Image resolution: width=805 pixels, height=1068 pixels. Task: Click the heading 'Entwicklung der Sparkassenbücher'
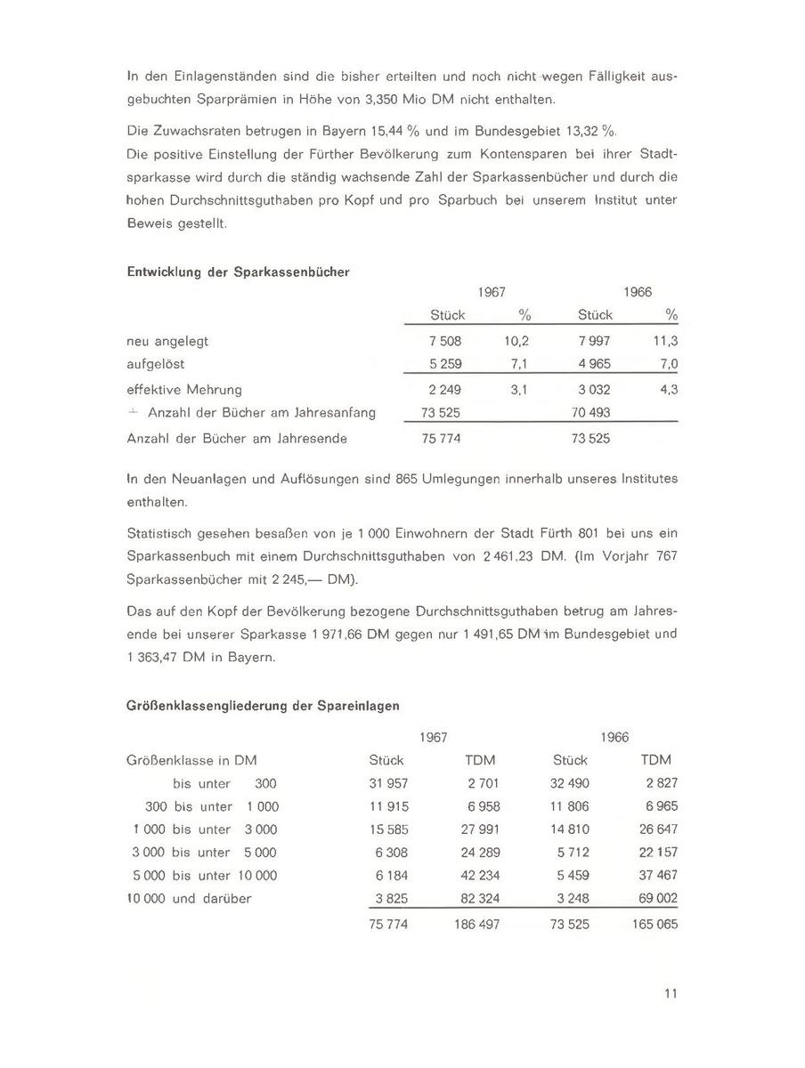click(x=238, y=271)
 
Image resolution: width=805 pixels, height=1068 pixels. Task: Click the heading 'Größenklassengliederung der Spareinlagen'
click(x=263, y=705)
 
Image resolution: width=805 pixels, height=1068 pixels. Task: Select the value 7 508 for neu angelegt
click(x=445, y=341)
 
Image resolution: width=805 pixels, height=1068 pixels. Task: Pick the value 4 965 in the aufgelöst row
click(x=594, y=364)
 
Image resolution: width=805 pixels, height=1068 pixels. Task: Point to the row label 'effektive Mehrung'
click(x=184, y=389)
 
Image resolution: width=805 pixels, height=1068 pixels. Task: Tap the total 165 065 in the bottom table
click(x=655, y=924)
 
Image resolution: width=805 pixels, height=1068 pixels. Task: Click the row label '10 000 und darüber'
click(x=190, y=898)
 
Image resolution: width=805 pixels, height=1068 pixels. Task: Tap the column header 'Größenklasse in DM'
click(x=191, y=760)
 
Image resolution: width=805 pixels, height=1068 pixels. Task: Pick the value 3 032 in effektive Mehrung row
click(x=594, y=389)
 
